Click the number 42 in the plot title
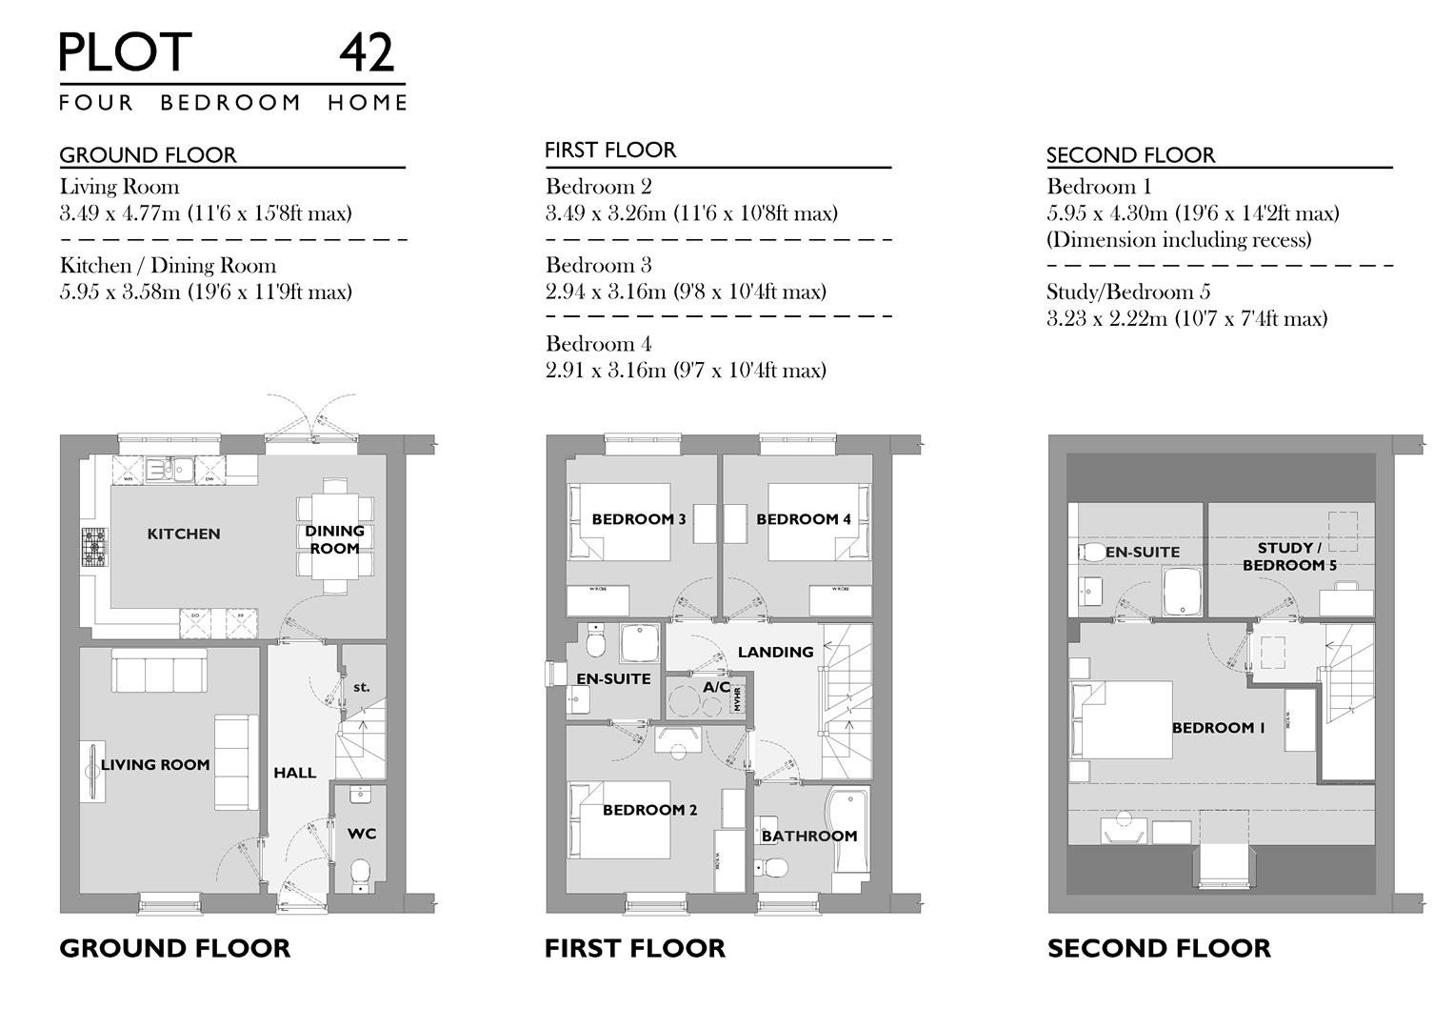point(367,53)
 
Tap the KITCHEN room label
point(184,534)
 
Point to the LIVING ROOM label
point(155,764)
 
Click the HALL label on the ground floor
point(295,773)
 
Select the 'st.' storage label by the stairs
point(361,687)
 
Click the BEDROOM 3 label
point(639,519)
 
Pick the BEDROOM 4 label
point(804,519)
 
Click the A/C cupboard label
point(716,687)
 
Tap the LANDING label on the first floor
point(775,652)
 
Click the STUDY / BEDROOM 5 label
point(1289,556)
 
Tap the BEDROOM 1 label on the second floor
point(1218,728)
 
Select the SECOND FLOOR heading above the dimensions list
point(1130,155)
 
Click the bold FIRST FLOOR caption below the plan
point(634,948)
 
